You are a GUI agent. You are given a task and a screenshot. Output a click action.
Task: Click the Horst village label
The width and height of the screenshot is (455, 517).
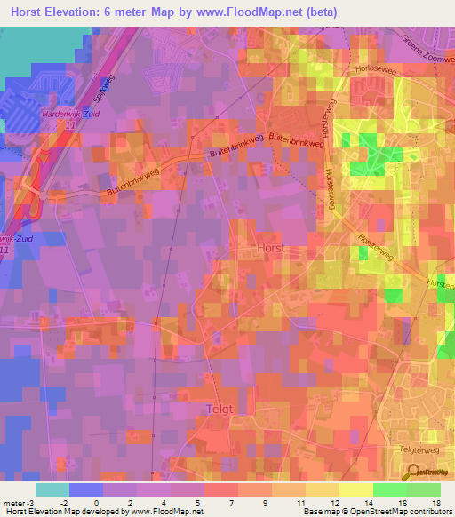coord(269,249)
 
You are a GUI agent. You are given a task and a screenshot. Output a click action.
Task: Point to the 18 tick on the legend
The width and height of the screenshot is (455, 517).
coord(437,503)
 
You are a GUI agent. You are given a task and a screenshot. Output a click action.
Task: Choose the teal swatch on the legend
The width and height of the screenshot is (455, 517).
coord(52,489)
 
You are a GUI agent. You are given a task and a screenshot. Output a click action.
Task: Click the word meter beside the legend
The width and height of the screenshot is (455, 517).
coord(15,503)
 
